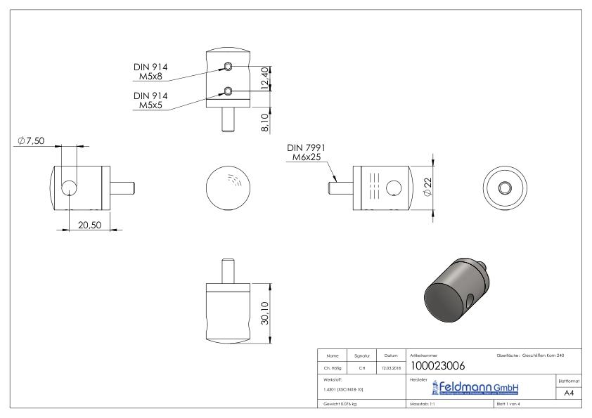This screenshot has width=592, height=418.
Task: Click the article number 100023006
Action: (x=437, y=365)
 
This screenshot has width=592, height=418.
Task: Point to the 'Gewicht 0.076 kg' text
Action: (x=341, y=405)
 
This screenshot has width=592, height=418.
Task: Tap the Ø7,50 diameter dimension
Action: (x=32, y=141)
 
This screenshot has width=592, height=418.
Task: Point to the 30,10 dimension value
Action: (x=264, y=313)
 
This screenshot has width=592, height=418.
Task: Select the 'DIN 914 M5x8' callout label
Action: (x=150, y=71)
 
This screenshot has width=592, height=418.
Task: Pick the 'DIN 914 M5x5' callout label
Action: (x=150, y=100)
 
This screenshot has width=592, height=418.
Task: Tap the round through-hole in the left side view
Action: (x=70, y=187)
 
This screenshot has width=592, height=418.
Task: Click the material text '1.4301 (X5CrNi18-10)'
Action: (x=344, y=388)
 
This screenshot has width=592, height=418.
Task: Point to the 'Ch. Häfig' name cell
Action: (x=333, y=366)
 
